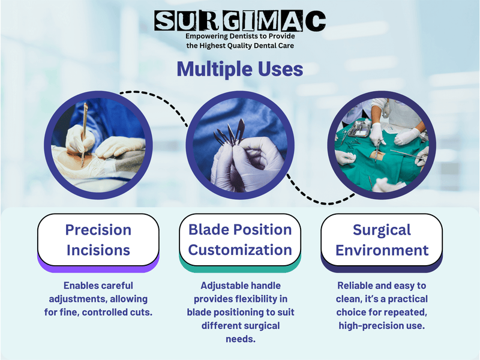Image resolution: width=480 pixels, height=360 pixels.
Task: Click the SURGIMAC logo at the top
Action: [240, 21]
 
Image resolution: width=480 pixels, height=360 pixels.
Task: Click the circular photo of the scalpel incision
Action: [98, 143]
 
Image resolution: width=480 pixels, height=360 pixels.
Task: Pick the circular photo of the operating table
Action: [382, 143]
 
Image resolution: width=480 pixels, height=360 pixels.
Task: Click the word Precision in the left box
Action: [98, 230]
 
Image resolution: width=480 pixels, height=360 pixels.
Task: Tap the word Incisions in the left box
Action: [98, 250]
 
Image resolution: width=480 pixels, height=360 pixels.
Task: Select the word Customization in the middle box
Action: [240, 250]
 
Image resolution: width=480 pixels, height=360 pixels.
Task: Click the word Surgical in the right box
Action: [382, 230]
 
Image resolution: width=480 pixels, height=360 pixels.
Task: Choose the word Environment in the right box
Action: [382, 250]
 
